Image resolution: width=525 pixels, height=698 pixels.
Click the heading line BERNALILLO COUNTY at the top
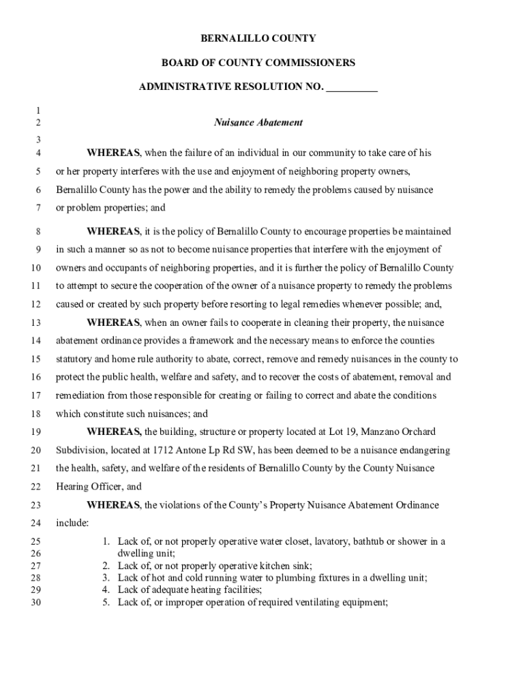pos(258,38)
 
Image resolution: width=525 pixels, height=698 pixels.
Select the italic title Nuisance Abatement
pos(258,123)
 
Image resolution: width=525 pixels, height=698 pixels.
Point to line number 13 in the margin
pos(36,323)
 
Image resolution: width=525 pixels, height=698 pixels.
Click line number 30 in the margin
pos(36,603)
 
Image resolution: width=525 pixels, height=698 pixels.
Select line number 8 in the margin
pos(38,232)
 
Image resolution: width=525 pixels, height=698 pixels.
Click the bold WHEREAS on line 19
pos(114,432)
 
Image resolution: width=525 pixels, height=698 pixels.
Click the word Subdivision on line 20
pos(80,451)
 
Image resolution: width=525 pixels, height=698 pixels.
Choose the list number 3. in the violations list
pos(106,578)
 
